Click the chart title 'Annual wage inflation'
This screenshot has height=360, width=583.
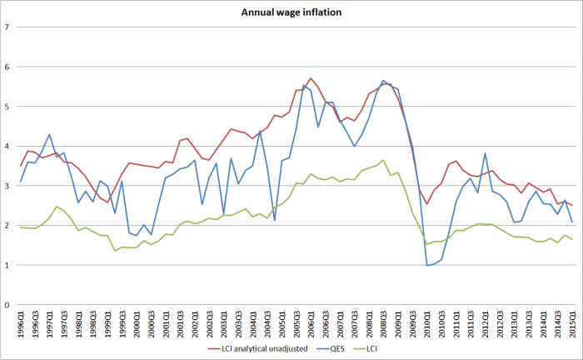click(291, 12)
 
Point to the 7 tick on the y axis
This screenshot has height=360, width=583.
click(7, 27)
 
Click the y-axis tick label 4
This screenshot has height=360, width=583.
click(7, 146)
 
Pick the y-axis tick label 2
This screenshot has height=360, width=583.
click(7, 225)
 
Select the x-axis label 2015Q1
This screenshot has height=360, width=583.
click(572, 322)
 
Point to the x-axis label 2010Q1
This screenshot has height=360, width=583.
click(427, 322)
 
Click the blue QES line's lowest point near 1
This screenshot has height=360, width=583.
click(427, 265)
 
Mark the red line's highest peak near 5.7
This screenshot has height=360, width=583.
click(311, 78)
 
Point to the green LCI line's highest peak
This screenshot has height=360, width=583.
click(383, 160)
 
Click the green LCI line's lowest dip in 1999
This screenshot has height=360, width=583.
click(115, 251)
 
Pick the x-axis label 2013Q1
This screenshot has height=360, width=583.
click(514, 322)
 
